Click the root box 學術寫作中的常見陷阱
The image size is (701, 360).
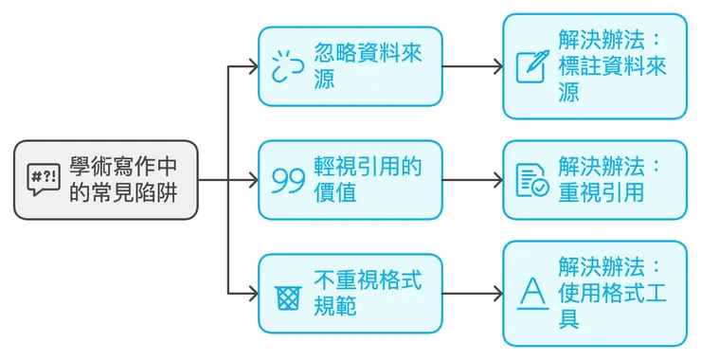(x=106, y=180)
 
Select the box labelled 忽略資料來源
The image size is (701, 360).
(x=350, y=66)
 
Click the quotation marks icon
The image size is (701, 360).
(x=288, y=180)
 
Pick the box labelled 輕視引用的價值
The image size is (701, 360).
(x=350, y=180)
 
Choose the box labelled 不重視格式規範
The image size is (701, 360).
(x=350, y=294)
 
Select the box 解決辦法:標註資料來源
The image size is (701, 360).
(x=594, y=66)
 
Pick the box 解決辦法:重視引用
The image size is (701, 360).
(x=594, y=180)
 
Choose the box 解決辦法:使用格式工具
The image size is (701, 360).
(x=594, y=294)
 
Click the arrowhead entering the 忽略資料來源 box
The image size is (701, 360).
(x=251, y=66)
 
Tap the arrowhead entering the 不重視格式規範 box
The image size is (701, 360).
(x=251, y=294)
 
